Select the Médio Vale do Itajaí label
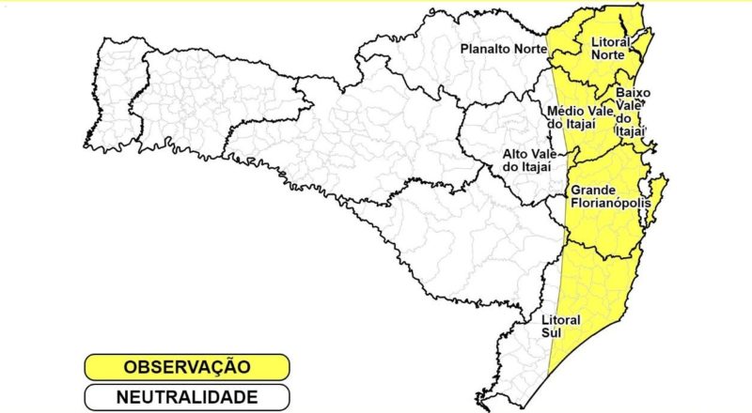click(579, 118)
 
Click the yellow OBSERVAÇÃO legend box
click(185, 366)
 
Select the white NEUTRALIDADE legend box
click(185, 397)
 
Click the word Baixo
click(633, 93)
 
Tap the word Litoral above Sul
click(562, 319)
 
